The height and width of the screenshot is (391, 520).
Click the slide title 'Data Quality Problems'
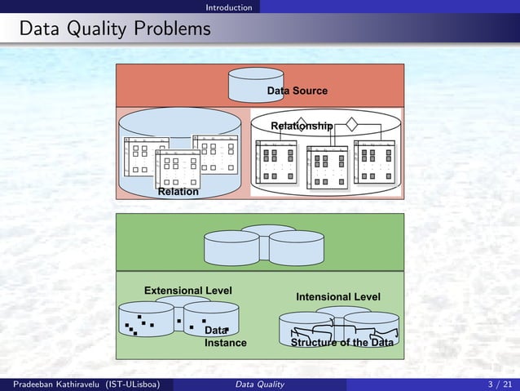click(115, 30)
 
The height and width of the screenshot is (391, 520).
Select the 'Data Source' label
click(297, 91)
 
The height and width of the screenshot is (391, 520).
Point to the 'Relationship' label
click(302, 126)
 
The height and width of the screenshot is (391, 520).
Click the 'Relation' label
click(178, 192)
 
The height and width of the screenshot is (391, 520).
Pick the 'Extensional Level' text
click(187, 291)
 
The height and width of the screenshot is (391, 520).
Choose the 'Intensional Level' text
click(337, 296)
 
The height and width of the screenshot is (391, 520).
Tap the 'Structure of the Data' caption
click(342, 343)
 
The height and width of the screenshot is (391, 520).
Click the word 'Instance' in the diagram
click(225, 343)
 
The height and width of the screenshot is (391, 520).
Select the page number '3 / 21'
click(500, 384)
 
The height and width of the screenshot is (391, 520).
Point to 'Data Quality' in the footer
click(259, 384)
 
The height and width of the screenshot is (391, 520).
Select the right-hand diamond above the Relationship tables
click(351, 125)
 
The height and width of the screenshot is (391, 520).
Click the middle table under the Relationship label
click(327, 166)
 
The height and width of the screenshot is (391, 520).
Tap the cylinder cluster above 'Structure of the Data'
click(338, 327)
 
